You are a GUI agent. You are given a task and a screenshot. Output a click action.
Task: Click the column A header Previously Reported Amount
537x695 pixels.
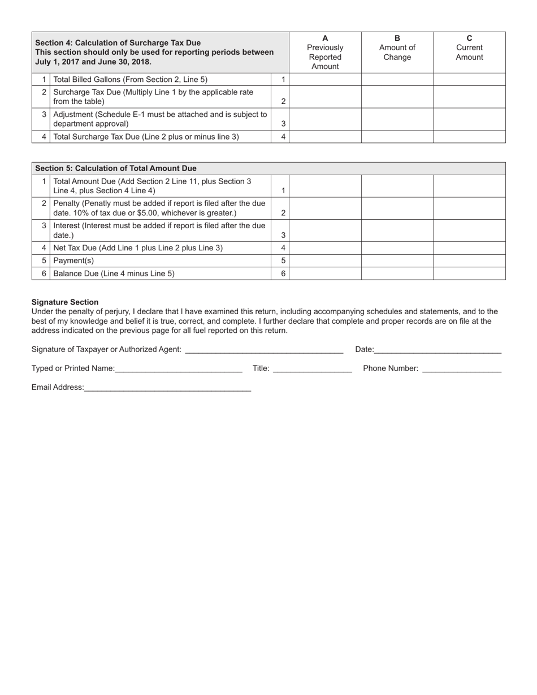click(325, 53)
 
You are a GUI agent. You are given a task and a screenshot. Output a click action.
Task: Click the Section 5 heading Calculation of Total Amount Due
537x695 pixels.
click(116, 168)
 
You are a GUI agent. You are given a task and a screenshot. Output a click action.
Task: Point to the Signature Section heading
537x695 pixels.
click(65, 302)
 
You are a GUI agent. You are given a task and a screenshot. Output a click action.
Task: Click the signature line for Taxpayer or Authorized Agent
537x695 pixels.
click(264, 350)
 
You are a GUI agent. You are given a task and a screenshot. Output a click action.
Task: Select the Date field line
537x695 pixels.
click(438, 350)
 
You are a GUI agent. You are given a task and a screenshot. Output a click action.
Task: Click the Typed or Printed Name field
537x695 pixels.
click(178, 369)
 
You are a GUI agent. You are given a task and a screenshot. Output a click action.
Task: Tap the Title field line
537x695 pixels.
click(312, 369)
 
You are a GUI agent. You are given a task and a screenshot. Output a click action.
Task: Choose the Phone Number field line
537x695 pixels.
click(461, 369)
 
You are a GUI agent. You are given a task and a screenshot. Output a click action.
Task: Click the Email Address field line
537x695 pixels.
click(167, 388)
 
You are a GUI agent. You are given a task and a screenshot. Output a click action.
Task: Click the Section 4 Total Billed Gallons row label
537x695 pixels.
click(131, 80)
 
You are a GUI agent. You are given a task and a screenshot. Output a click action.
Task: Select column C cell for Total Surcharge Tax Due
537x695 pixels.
click(469, 137)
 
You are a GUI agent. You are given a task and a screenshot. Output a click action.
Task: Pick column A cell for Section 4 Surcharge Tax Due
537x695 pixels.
click(325, 97)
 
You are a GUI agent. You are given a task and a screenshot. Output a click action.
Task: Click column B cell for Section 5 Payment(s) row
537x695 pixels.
click(397, 260)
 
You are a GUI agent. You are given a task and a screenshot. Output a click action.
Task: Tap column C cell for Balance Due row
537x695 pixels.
click(469, 273)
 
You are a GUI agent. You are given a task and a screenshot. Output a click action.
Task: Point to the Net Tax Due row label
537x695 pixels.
click(138, 248)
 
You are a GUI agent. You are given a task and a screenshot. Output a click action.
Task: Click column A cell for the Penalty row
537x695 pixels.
click(325, 208)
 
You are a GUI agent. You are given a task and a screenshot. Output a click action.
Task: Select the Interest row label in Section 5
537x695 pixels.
click(159, 230)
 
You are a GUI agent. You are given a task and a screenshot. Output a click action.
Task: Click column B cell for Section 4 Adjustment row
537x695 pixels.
click(397, 119)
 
